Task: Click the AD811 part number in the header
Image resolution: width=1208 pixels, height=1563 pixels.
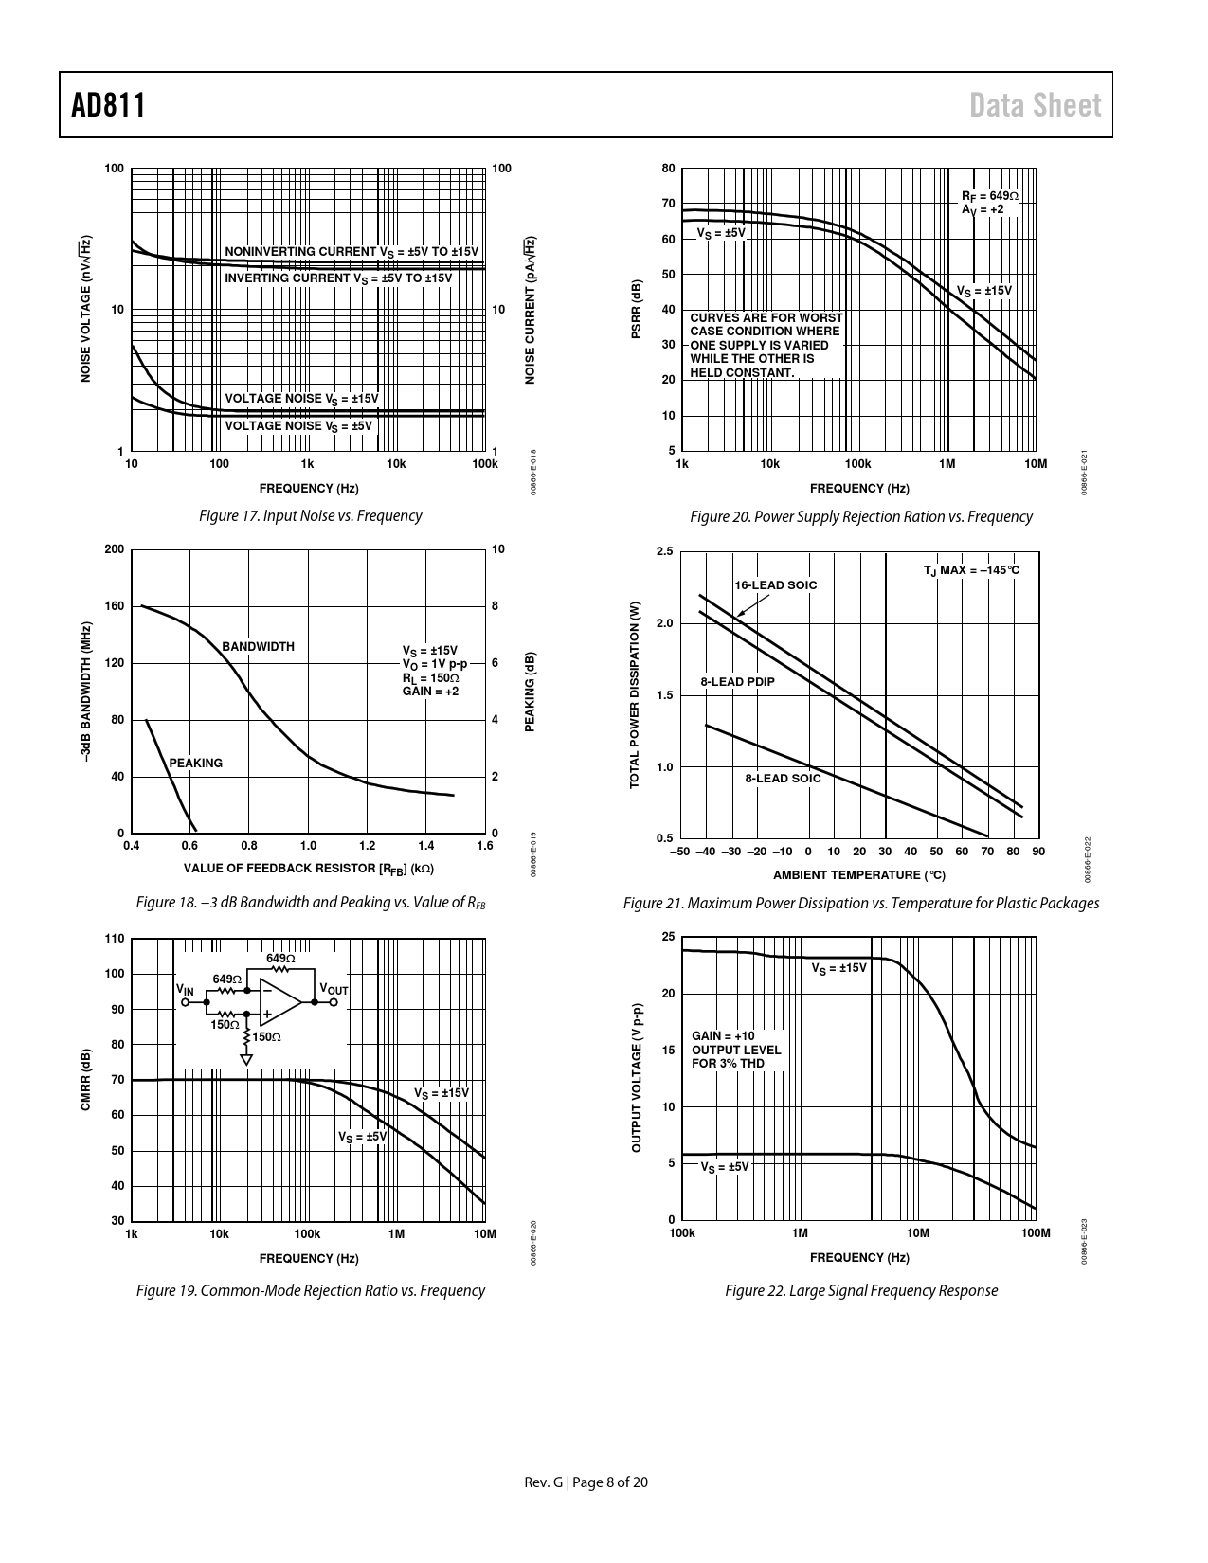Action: click(x=109, y=105)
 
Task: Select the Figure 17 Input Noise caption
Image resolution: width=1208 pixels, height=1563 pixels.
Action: click(x=310, y=516)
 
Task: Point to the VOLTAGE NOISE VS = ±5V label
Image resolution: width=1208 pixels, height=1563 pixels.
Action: click(x=298, y=426)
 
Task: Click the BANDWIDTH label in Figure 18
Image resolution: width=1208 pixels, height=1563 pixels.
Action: click(x=258, y=647)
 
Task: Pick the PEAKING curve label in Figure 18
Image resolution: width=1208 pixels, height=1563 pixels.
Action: click(x=195, y=763)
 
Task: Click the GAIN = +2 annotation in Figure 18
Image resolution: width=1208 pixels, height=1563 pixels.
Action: click(x=430, y=692)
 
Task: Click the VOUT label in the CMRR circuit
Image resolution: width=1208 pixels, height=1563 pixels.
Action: click(x=334, y=990)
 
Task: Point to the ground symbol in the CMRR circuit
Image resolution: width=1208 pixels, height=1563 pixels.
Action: click(x=246, y=1059)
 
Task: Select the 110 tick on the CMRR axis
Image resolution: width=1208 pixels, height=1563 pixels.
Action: click(x=115, y=939)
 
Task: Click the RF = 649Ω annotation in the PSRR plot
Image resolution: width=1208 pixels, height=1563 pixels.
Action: click(x=989, y=196)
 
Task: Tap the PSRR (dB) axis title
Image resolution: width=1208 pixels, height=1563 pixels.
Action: click(x=638, y=310)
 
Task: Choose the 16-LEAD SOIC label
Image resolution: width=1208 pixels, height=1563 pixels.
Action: click(x=775, y=585)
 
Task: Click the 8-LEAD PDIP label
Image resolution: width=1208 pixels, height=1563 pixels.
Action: click(x=737, y=682)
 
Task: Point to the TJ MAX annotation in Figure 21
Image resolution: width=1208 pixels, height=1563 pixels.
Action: click(x=971, y=570)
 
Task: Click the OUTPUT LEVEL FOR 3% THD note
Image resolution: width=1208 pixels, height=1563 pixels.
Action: click(x=736, y=1056)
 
